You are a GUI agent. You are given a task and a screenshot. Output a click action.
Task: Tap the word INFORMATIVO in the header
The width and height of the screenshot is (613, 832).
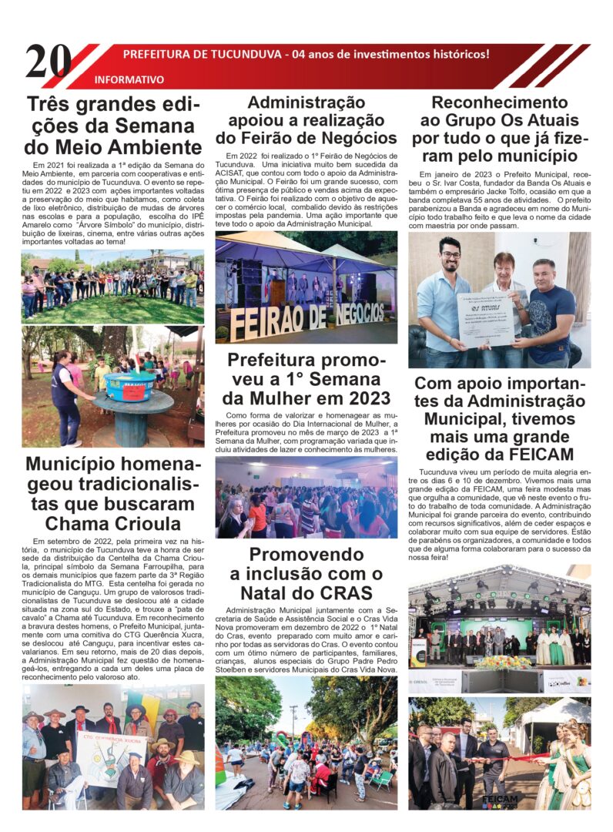click(x=129, y=79)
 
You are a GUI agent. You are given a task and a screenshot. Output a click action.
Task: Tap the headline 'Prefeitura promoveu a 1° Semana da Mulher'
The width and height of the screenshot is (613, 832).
click(x=306, y=379)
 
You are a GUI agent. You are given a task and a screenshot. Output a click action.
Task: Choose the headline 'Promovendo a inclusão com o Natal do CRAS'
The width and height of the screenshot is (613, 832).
click(x=306, y=573)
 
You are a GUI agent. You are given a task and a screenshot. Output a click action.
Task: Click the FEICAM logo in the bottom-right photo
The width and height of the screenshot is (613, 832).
click(x=501, y=801)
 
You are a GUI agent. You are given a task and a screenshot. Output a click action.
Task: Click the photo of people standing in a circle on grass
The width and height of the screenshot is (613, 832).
click(x=112, y=286)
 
